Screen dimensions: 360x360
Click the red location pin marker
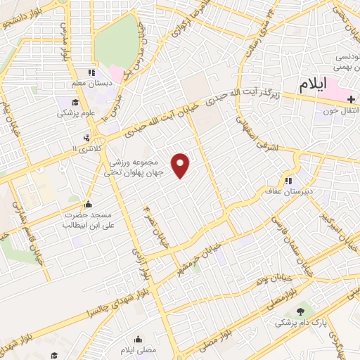(x=181, y=165)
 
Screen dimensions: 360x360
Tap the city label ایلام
(x=313, y=84)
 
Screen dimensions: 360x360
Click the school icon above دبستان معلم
(x=90, y=72)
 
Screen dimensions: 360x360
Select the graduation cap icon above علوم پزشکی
(x=65, y=101)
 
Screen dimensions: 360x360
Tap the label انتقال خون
(x=340, y=110)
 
